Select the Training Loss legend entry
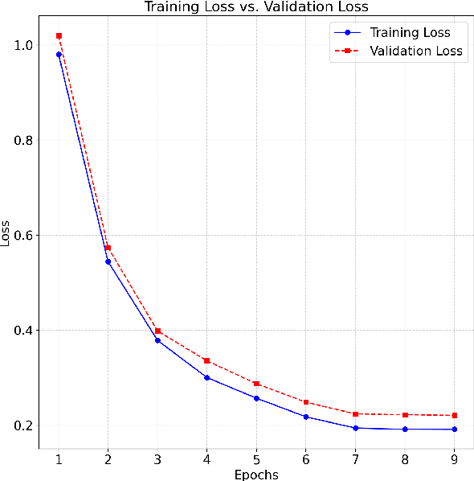pyautogui.click(x=410, y=33)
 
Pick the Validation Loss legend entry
pyautogui.click(x=415, y=51)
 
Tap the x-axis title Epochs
pyautogui.click(x=256, y=475)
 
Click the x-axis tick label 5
pyautogui.click(x=256, y=457)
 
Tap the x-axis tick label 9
pyautogui.click(x=454, y=457)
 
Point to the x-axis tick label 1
pyautogui.click(x=59, y=457)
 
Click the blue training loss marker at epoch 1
pyautogui.click(x=59, y=55)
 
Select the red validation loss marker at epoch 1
pyautogui.click(x=59, y=35)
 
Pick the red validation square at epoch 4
pyautogui.click(x=206, y=360)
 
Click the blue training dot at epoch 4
pyautogui.click(x=206, y=377)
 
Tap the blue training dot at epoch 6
pyautogui.click(x=305, y=417)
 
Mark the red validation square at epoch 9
pyautogui.click(x=454, y=415)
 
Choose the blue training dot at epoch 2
pyautogui.click(x=108, y=261)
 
